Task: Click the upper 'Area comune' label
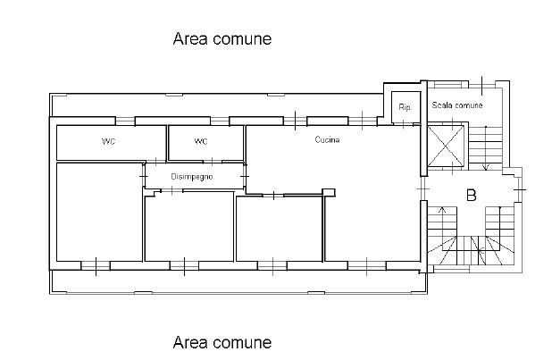click(x=222, y=38)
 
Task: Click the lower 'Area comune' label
click(x=222, y=342)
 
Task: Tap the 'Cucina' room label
click(x=327, y=140)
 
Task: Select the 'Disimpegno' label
click(x=192, y=177)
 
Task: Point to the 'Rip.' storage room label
click(x=405, y=107)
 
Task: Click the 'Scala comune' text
click(x=457, y=105)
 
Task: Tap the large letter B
click(x=471, y=195)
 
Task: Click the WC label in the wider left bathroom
click(x=108, y=142)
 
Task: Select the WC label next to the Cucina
click(x=201, y=142)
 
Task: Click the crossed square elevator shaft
click(x=446, y=146)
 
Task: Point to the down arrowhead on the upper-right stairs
click(x=486, y=167)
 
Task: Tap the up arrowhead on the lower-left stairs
click(x=442, y=210)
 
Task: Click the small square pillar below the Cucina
click(x=329, y=193)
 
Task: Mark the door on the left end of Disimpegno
click(x=143, y=175)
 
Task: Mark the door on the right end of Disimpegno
click(x=245, y=175)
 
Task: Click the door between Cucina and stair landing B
click(x=423, y=189)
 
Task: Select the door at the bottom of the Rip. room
click(x=404, y=123)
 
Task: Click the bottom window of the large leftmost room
click(x=96, y=266)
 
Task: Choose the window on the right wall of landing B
click(x=519, y=189)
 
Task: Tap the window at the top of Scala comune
click(x=481, y=85)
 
